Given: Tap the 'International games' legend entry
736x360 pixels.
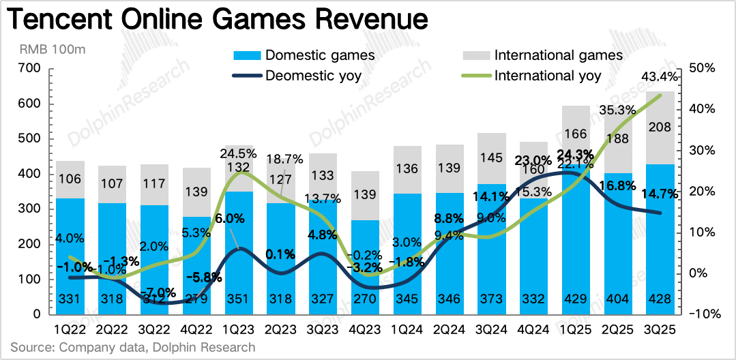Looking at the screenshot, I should [x=559, y=55].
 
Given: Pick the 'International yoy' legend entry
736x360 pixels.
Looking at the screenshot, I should [x=548, y=75].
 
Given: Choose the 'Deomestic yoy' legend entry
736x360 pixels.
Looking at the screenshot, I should [x=313, y=75].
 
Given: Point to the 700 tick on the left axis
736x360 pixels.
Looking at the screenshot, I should [x=31, y=68].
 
